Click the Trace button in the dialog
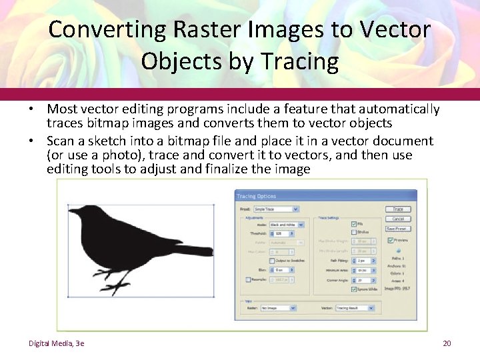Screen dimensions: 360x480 pos(397,209)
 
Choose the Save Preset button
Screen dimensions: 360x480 pos(397,229)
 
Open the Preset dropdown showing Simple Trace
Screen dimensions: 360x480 pos(276,209)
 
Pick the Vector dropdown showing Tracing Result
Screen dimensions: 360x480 pos(357,308)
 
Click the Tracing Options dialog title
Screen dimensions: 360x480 pos(256,196)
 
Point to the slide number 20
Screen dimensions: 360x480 pos(447,343)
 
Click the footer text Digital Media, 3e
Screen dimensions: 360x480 pos(56,343)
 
